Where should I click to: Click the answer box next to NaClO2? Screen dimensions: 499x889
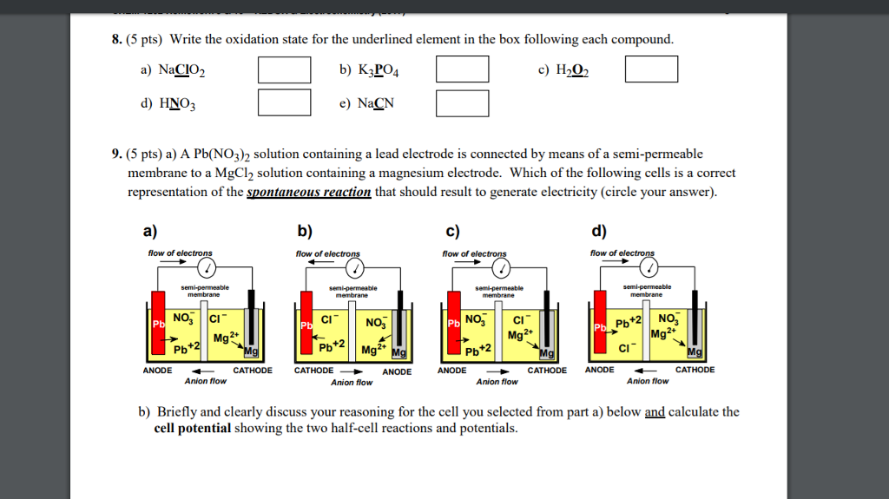point(284,69)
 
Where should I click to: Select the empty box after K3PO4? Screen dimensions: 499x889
point(462,69)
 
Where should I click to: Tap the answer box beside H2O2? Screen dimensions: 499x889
point(651,69)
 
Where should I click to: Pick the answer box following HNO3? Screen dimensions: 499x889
point(284,102)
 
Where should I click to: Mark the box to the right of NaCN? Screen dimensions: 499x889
point(462,102)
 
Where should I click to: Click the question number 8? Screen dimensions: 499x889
point(115,40)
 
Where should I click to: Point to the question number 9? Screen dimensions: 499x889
point(115,154)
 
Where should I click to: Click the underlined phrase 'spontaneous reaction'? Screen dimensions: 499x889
point(309,192)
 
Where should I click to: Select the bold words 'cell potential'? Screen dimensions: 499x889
point(192,429)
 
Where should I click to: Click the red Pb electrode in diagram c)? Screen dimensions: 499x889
point(453,325)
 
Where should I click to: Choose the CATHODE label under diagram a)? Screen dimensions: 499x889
point(252,371)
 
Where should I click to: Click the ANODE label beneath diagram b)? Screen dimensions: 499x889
point(397,371)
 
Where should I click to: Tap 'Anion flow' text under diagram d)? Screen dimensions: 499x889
point(648,381)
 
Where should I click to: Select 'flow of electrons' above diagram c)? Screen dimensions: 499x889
point(474,253)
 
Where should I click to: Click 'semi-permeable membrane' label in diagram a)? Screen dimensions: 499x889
point(205,291)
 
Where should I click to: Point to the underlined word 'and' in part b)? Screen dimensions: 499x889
point(655,412)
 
